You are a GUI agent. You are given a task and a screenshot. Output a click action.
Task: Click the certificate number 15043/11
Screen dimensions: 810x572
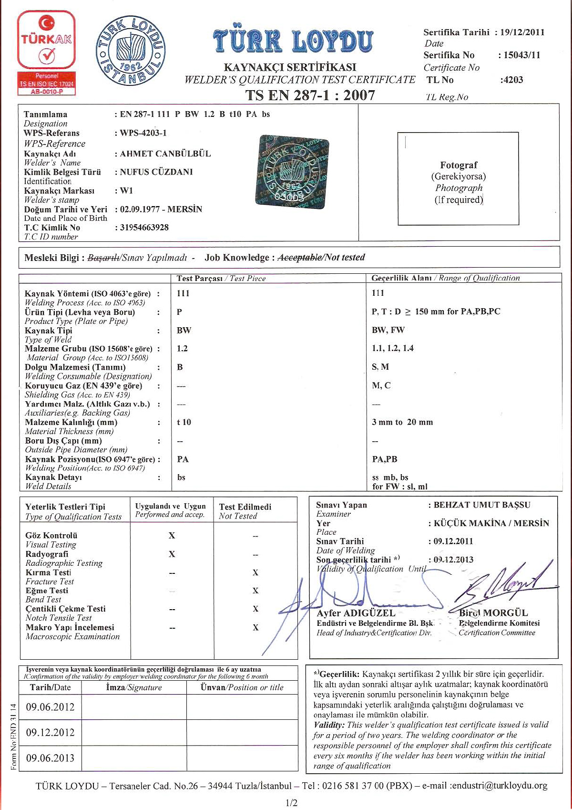pos(522,55)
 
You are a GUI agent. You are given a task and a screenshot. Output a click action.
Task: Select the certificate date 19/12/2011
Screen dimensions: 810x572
pos(522,32)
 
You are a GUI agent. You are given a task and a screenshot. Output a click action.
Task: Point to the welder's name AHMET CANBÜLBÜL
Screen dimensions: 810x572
pos(165,154)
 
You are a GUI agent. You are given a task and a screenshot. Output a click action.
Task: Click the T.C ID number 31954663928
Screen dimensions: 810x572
pos(144,228)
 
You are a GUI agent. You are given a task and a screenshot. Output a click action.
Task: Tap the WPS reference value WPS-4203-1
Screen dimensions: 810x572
pos(143,133)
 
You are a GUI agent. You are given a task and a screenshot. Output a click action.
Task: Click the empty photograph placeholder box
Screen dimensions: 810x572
pos(458,178)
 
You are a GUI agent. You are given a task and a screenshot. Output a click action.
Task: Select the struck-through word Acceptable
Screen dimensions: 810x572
pos(299,258)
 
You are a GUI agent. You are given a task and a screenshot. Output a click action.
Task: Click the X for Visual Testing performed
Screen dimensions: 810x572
pos(172,536)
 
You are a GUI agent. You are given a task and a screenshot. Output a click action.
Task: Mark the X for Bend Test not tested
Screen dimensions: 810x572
pos(255,591)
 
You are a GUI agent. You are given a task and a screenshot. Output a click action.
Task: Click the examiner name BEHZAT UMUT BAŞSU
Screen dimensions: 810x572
pos(482,505)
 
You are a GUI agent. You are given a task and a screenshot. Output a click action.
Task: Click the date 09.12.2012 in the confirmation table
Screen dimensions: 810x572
pos(50,732)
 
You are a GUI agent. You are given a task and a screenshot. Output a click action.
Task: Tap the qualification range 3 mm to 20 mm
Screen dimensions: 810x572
pos(402,422)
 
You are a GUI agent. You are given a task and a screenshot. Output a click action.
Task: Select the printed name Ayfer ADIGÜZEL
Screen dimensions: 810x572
pos(356,613)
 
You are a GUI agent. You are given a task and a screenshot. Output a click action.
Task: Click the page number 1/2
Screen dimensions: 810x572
pos(291,803)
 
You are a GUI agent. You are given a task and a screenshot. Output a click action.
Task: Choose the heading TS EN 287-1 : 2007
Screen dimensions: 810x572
pos(310,95)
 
